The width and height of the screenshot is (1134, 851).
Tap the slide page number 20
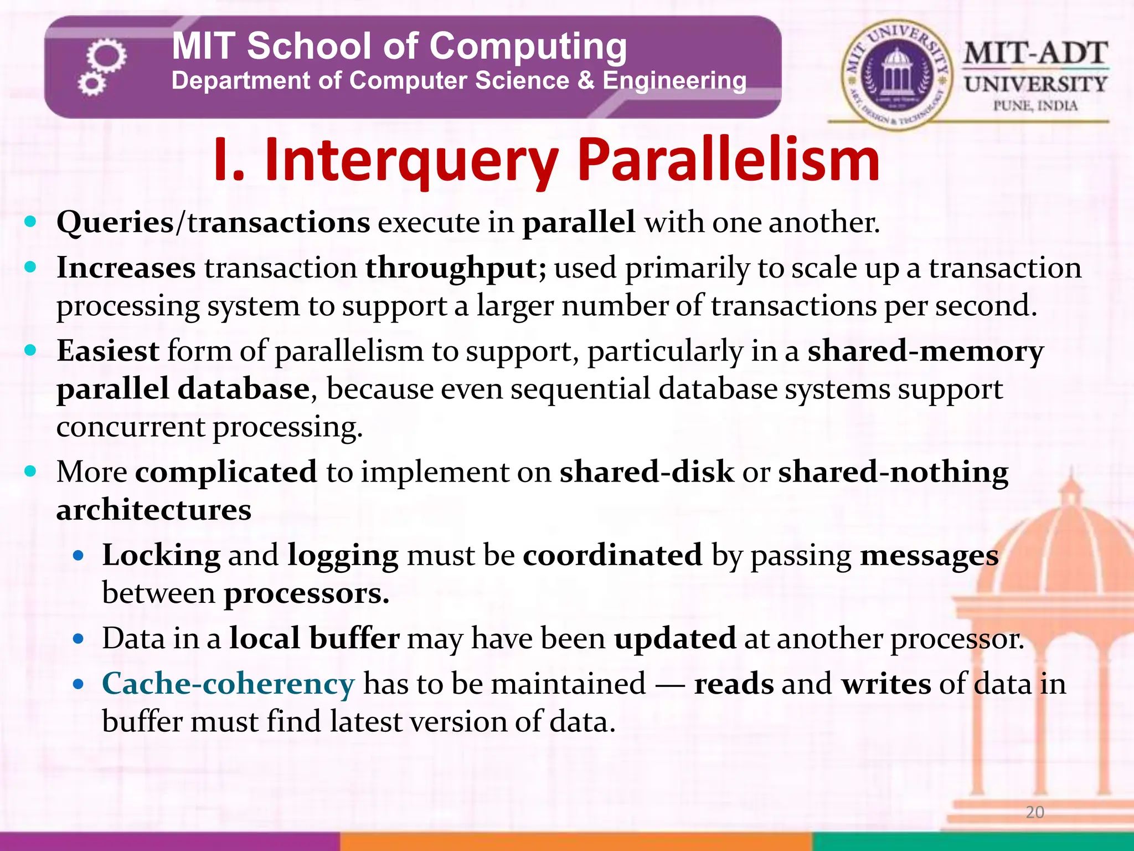coord(1034,812)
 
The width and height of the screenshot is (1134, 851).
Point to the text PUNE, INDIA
coord(1035,106)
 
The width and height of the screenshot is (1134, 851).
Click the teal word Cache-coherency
coord(228,684)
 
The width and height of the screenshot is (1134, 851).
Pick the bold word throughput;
coord(455,268)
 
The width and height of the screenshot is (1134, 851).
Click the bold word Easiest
coord(108,351)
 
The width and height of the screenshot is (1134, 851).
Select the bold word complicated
coord(226,472)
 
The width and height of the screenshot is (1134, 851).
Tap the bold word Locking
coord(161,555)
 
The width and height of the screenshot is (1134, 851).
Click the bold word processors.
coord(306,594)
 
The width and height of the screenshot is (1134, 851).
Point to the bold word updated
coord(674,638)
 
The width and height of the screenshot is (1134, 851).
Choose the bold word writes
coord(886,684)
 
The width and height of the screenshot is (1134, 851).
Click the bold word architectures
coord(153,510)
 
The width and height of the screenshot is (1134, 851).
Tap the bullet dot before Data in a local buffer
coord(78,639)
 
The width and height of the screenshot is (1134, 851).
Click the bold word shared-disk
coord(646,472)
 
